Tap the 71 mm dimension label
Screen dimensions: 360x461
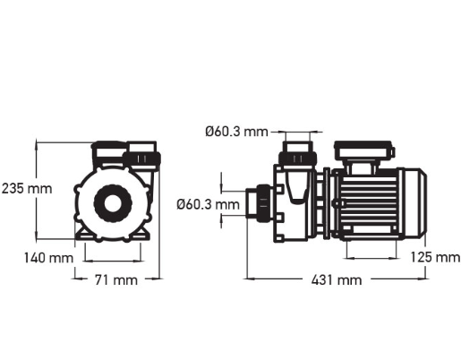pos(115,279)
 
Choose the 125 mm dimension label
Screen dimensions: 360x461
pos(433,257)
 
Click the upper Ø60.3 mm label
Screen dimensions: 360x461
pos(235,133)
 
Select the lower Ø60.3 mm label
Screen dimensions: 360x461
pos(208,204)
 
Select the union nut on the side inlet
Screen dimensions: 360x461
pos(263,203)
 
